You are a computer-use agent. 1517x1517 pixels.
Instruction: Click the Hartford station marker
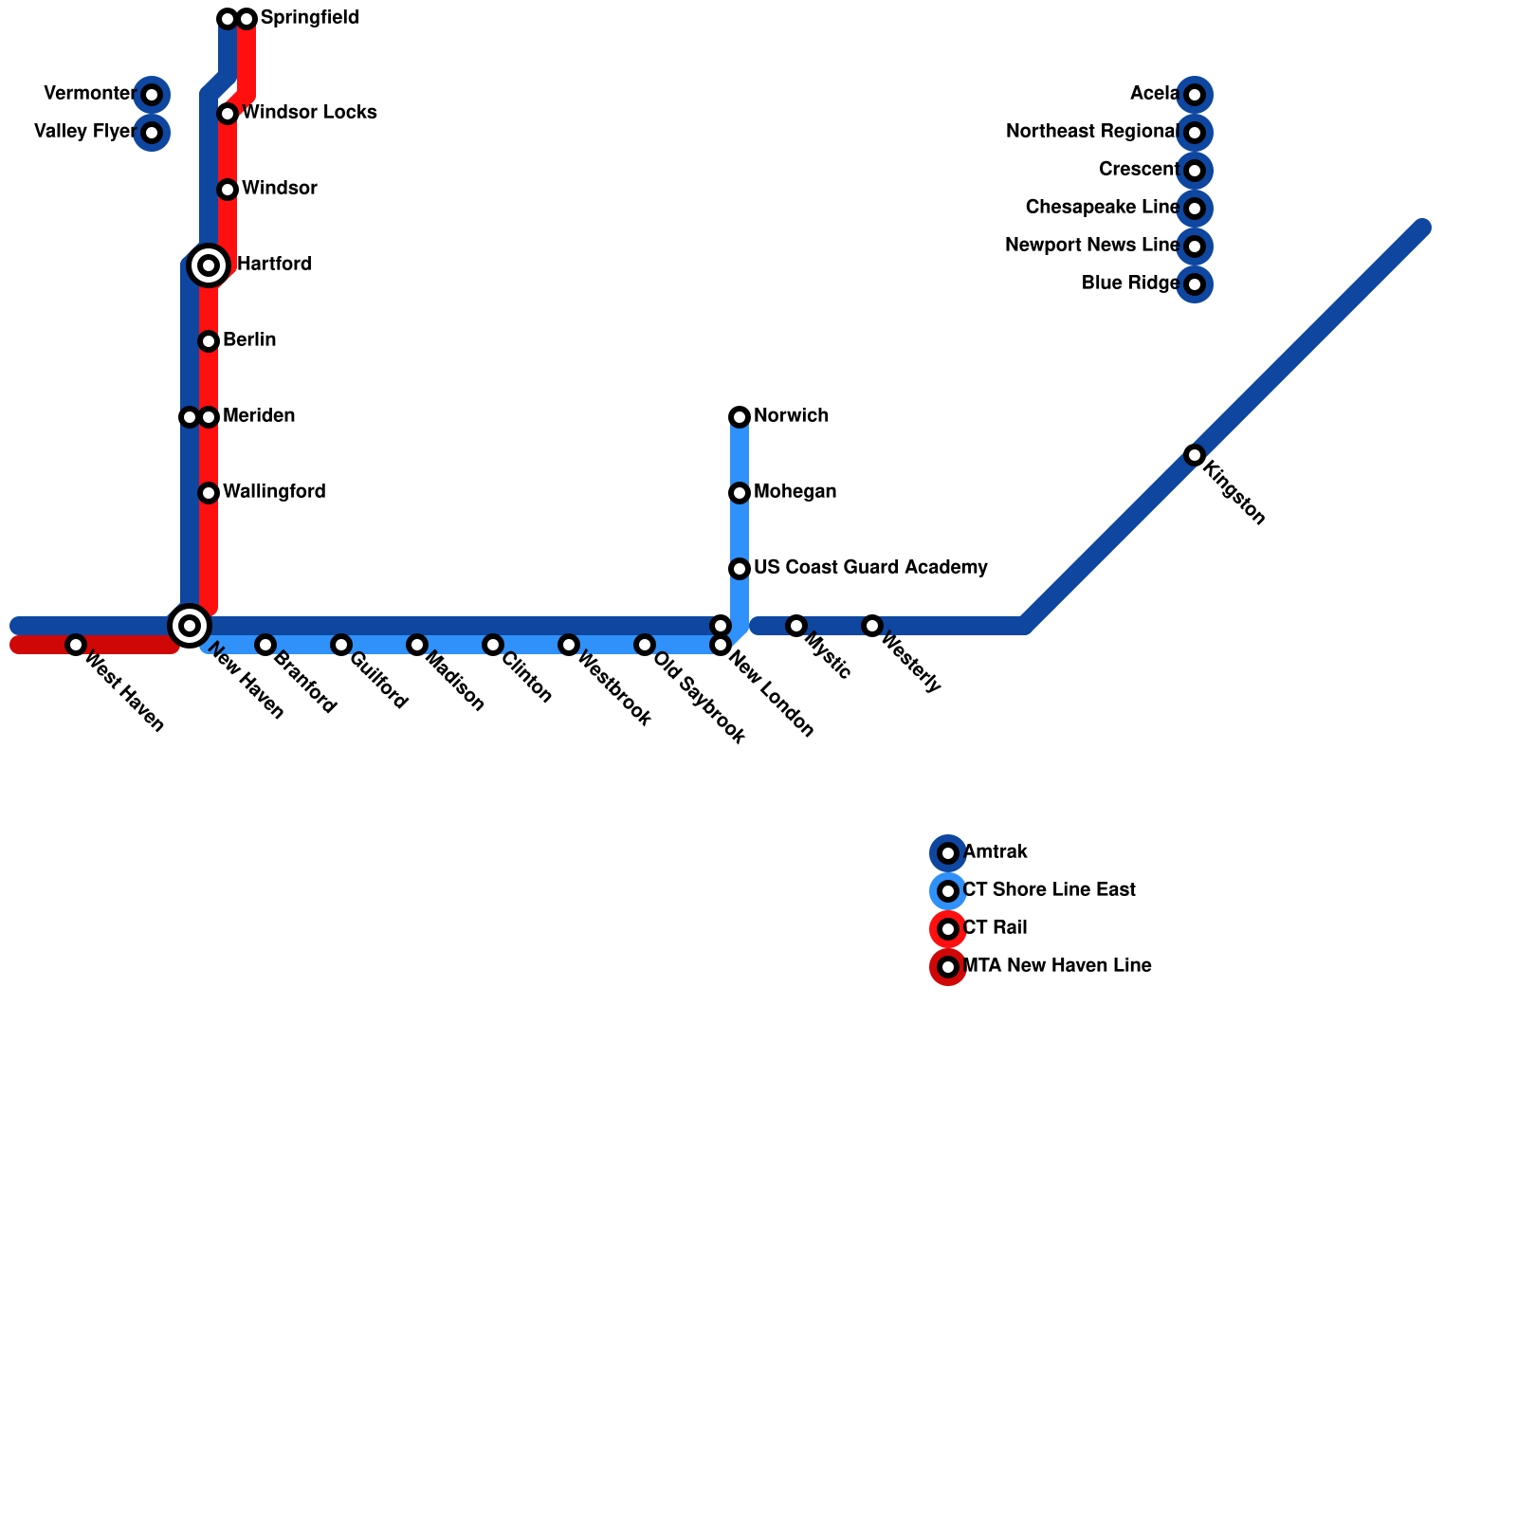click(209, 265)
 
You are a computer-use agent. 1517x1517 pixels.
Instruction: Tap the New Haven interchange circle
click(190, 625)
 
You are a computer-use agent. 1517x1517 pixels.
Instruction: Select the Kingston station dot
click(1195, 455)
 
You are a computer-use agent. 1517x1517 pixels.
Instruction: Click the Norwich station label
click(791, 416)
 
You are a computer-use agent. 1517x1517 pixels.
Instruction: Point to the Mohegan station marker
click(740, 493)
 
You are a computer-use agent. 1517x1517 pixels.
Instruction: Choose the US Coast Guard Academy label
click(870, 568)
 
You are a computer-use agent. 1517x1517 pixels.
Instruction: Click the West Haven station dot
click(76, 645)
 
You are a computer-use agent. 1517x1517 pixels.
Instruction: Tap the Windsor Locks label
click(309, 113)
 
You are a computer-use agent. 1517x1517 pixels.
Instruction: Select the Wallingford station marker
click(209, 493)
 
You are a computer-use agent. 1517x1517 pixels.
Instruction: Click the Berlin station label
click(249, 340)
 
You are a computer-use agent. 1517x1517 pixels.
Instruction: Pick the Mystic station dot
click(796, 626)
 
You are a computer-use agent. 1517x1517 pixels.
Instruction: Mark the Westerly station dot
click(872, 626)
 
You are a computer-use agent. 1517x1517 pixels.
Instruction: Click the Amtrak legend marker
click(948, 853)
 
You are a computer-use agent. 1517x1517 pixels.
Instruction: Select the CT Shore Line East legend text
click(1049, 890)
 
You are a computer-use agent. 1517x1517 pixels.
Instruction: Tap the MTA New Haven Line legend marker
click(948, 967)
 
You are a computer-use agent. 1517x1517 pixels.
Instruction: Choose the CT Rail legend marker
click(948, 929)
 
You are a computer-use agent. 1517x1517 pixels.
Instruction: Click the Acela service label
click(1154, 94)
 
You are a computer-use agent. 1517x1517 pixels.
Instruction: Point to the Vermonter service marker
click(152, 95)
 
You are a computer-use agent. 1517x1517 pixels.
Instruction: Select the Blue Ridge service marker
click(1195, 284)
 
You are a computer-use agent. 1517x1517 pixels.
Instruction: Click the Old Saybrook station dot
click(645, 645)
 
